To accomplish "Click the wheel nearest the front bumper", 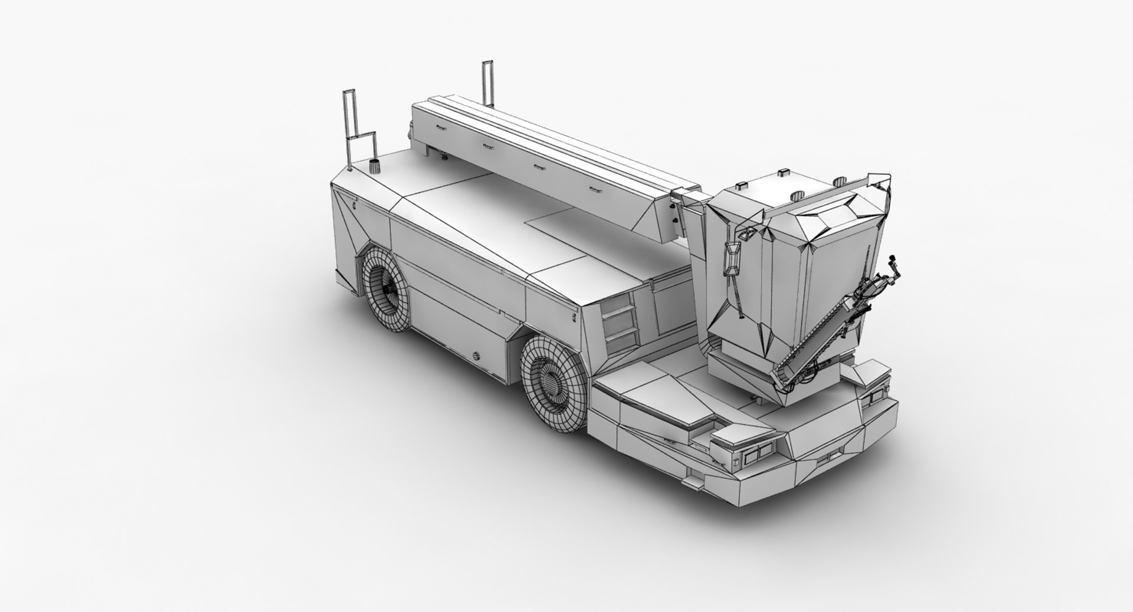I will coord(554,389).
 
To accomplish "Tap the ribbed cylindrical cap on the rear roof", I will coord(373,165).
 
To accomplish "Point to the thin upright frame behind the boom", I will coord(487,83).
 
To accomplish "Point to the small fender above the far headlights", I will coord(869,371).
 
